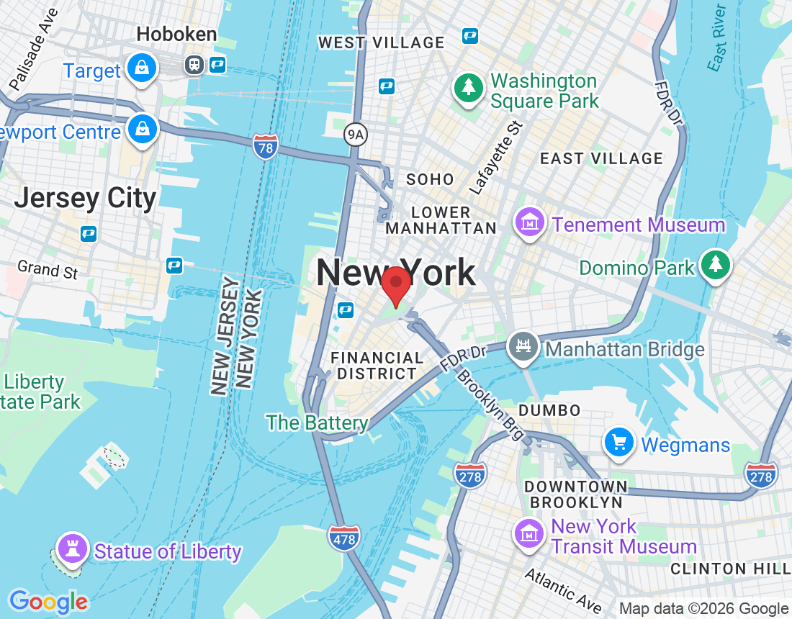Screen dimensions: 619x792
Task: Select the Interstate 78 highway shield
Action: (266, 147)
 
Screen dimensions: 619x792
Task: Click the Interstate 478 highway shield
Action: (343, 537)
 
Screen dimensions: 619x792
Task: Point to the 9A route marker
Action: (355, 134)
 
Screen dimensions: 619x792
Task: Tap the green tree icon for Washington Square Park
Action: (469, 89)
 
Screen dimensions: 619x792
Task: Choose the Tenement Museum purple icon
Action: (530, 224)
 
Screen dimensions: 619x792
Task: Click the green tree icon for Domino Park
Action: (716, 265)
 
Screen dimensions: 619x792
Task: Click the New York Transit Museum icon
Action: (529, 533)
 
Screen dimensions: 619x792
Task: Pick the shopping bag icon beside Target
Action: (142, 69)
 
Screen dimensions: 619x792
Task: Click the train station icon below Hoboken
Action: (194, 65)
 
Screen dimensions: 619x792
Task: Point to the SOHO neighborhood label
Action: (430, 179)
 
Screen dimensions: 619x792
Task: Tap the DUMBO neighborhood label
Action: (549, 410)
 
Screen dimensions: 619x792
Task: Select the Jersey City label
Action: (85, 198)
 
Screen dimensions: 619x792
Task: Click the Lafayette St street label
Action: (496, 158)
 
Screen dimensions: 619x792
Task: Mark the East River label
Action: (716, 37)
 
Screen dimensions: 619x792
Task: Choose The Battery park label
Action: (317, 423)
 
